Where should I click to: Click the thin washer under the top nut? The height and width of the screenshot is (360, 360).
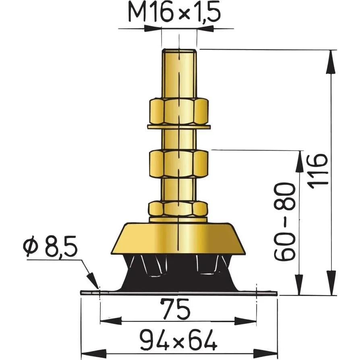point(178,127)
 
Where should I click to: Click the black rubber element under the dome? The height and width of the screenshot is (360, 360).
point(178,274)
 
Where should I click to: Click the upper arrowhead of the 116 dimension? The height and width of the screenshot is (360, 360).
point(331,60)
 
